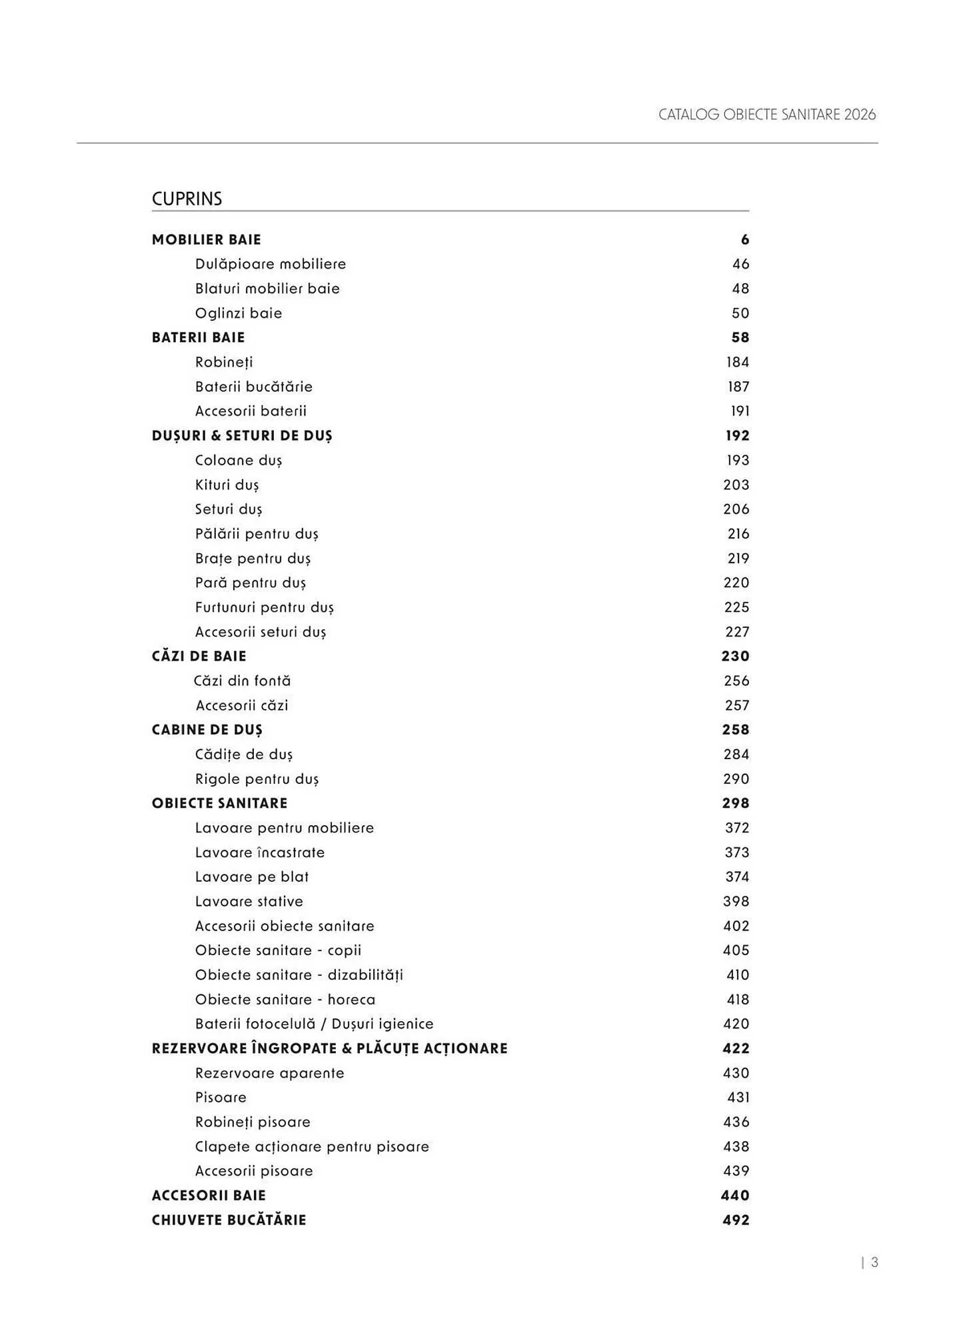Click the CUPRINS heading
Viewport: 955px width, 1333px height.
[187, 199]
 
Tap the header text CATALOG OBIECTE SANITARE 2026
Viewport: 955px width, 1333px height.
[766, 115]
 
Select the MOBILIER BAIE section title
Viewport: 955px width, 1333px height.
[207, 240]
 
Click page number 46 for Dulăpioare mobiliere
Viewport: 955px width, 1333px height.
[740, 265]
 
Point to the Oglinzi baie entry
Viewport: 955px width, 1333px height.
[239, 313]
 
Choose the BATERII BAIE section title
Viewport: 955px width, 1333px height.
[199, 338]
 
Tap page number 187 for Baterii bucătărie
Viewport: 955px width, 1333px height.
[738, 387]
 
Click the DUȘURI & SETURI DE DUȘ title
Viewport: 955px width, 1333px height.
[242, 436]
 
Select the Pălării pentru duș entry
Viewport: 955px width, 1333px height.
[257, 534]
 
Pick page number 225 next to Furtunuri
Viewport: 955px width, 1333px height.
[736, 608]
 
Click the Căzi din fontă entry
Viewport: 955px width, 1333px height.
[243, 681]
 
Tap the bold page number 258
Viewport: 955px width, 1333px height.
[735, 730]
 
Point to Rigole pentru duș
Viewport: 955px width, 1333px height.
[257, 779]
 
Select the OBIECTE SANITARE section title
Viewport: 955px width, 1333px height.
[220, 804]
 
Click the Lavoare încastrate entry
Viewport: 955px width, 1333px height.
[260, 853]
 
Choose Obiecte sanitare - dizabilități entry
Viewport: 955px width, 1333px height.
[299, 975]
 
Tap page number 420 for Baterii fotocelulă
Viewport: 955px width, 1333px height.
[736, 1024]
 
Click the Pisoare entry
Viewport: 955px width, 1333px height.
[221, 1098]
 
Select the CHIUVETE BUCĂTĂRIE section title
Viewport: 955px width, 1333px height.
[229, 1220]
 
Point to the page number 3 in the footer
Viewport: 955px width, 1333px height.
[874, 1262]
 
